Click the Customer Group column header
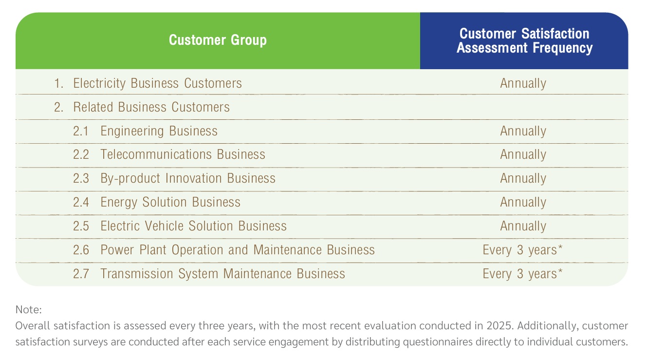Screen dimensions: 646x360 click(218, 40)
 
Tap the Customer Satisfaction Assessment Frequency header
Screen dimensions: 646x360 click(524, 41)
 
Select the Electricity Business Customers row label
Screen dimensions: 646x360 click(157, 83)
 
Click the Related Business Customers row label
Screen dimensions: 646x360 click(151, 107)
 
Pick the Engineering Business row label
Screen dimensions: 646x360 click(159, 131)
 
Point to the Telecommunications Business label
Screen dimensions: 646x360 click(183, 154)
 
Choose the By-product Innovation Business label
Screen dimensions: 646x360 click(188, 178)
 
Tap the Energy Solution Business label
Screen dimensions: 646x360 click(170, 202)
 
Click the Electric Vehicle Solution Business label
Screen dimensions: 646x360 click(194, 226)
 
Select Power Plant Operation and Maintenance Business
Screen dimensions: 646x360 click(238, 250)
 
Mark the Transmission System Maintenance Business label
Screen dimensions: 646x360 click(222, 274)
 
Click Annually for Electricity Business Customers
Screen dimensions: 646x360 click(523, 84)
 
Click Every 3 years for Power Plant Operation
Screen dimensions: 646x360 click(522, 250)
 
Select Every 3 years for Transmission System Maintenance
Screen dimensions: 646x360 click(522, 274)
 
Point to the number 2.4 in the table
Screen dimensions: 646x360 click(81, 202)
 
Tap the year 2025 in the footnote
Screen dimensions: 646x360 click(500, 326)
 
